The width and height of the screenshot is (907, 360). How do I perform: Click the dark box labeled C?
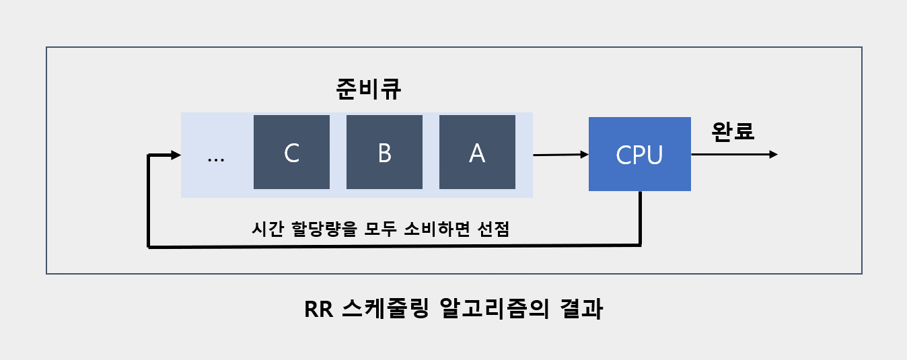pyautogui.click(x=291, y=152)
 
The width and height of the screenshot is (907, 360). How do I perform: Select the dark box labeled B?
pyautogui.click(x=384, y=152)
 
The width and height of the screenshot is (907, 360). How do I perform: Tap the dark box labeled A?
pyautogui.click(x=477, y=152)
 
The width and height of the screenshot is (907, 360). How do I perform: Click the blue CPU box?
pyautogui.click(x=639, y=154)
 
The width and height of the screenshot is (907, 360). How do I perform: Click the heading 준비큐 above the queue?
pyautogui.click(x=369, y=90)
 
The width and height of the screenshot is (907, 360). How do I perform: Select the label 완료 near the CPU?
pyautogui.click(x=733, y=131)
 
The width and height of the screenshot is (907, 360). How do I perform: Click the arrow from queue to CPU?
pyautogui.click(x=560, y=155)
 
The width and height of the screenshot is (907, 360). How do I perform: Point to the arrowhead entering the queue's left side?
pyautogui.click(x=176, y=155)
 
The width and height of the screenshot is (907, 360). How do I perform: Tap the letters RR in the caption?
pyautogui.click(x=318, y=311)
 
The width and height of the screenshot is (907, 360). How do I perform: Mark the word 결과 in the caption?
pyautogui.click(x=581, y=311)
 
